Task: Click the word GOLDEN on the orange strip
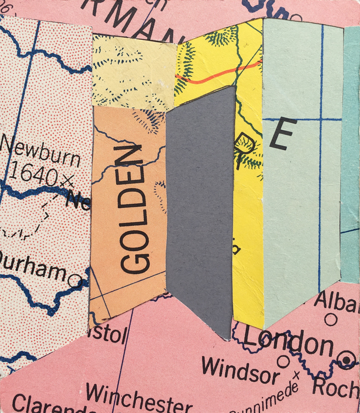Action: coord(134,209)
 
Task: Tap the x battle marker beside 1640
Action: coord(67,180)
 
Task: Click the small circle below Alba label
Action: coord(331,320)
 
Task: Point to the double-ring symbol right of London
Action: coord(346,359)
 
